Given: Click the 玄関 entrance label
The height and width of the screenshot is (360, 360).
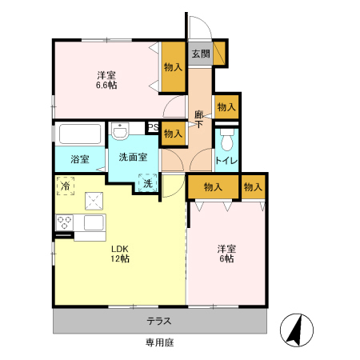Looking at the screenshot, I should (200, 54).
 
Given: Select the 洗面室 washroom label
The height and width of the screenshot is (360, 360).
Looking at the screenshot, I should (133, 157).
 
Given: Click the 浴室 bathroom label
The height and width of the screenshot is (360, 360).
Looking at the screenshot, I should (79, 159).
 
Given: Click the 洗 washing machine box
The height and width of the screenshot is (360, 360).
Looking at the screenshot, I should (147, 184).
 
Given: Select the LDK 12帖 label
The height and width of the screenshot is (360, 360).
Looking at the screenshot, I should (120, 253).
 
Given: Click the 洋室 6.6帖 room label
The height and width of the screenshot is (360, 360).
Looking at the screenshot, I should (106, 80).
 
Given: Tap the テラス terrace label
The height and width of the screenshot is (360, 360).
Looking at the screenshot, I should (158, 321).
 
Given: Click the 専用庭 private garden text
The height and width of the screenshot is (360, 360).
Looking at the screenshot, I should (159, 342).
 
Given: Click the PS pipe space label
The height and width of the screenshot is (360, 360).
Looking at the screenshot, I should (152, 127).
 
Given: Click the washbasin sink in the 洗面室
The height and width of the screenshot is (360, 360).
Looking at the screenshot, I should (121, 131).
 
